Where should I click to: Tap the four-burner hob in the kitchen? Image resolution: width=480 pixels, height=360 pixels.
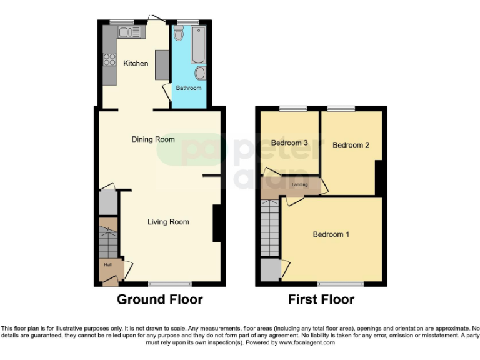(x=109, y=60)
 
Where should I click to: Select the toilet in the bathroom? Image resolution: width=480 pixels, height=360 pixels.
(x=179, y=36)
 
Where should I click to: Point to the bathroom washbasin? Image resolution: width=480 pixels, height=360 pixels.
(x=200, y=73)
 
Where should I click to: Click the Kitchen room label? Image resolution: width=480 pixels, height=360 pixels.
(x=136, y=63)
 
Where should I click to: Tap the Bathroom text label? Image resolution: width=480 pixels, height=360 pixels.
(x=189, y=88)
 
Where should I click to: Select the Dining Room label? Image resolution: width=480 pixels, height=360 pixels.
(x=153, y=139)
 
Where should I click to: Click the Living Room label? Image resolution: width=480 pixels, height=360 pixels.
(x=168, y=221)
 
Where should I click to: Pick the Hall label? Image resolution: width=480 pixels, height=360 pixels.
(x=107, y=265)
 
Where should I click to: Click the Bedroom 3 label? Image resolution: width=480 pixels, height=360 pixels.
(x=289, y=143)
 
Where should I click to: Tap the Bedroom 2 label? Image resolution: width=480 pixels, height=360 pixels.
(x=351, y=145)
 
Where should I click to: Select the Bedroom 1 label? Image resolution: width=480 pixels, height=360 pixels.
(x=331, y=234)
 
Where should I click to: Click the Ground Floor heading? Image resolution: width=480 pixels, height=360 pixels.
(x=160, y=300)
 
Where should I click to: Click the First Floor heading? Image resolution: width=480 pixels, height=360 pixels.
(x=321, y=300)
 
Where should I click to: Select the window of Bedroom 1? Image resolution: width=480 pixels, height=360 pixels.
(x=341, y=284)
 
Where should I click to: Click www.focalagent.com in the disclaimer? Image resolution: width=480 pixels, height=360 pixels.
(x=306, y=342)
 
